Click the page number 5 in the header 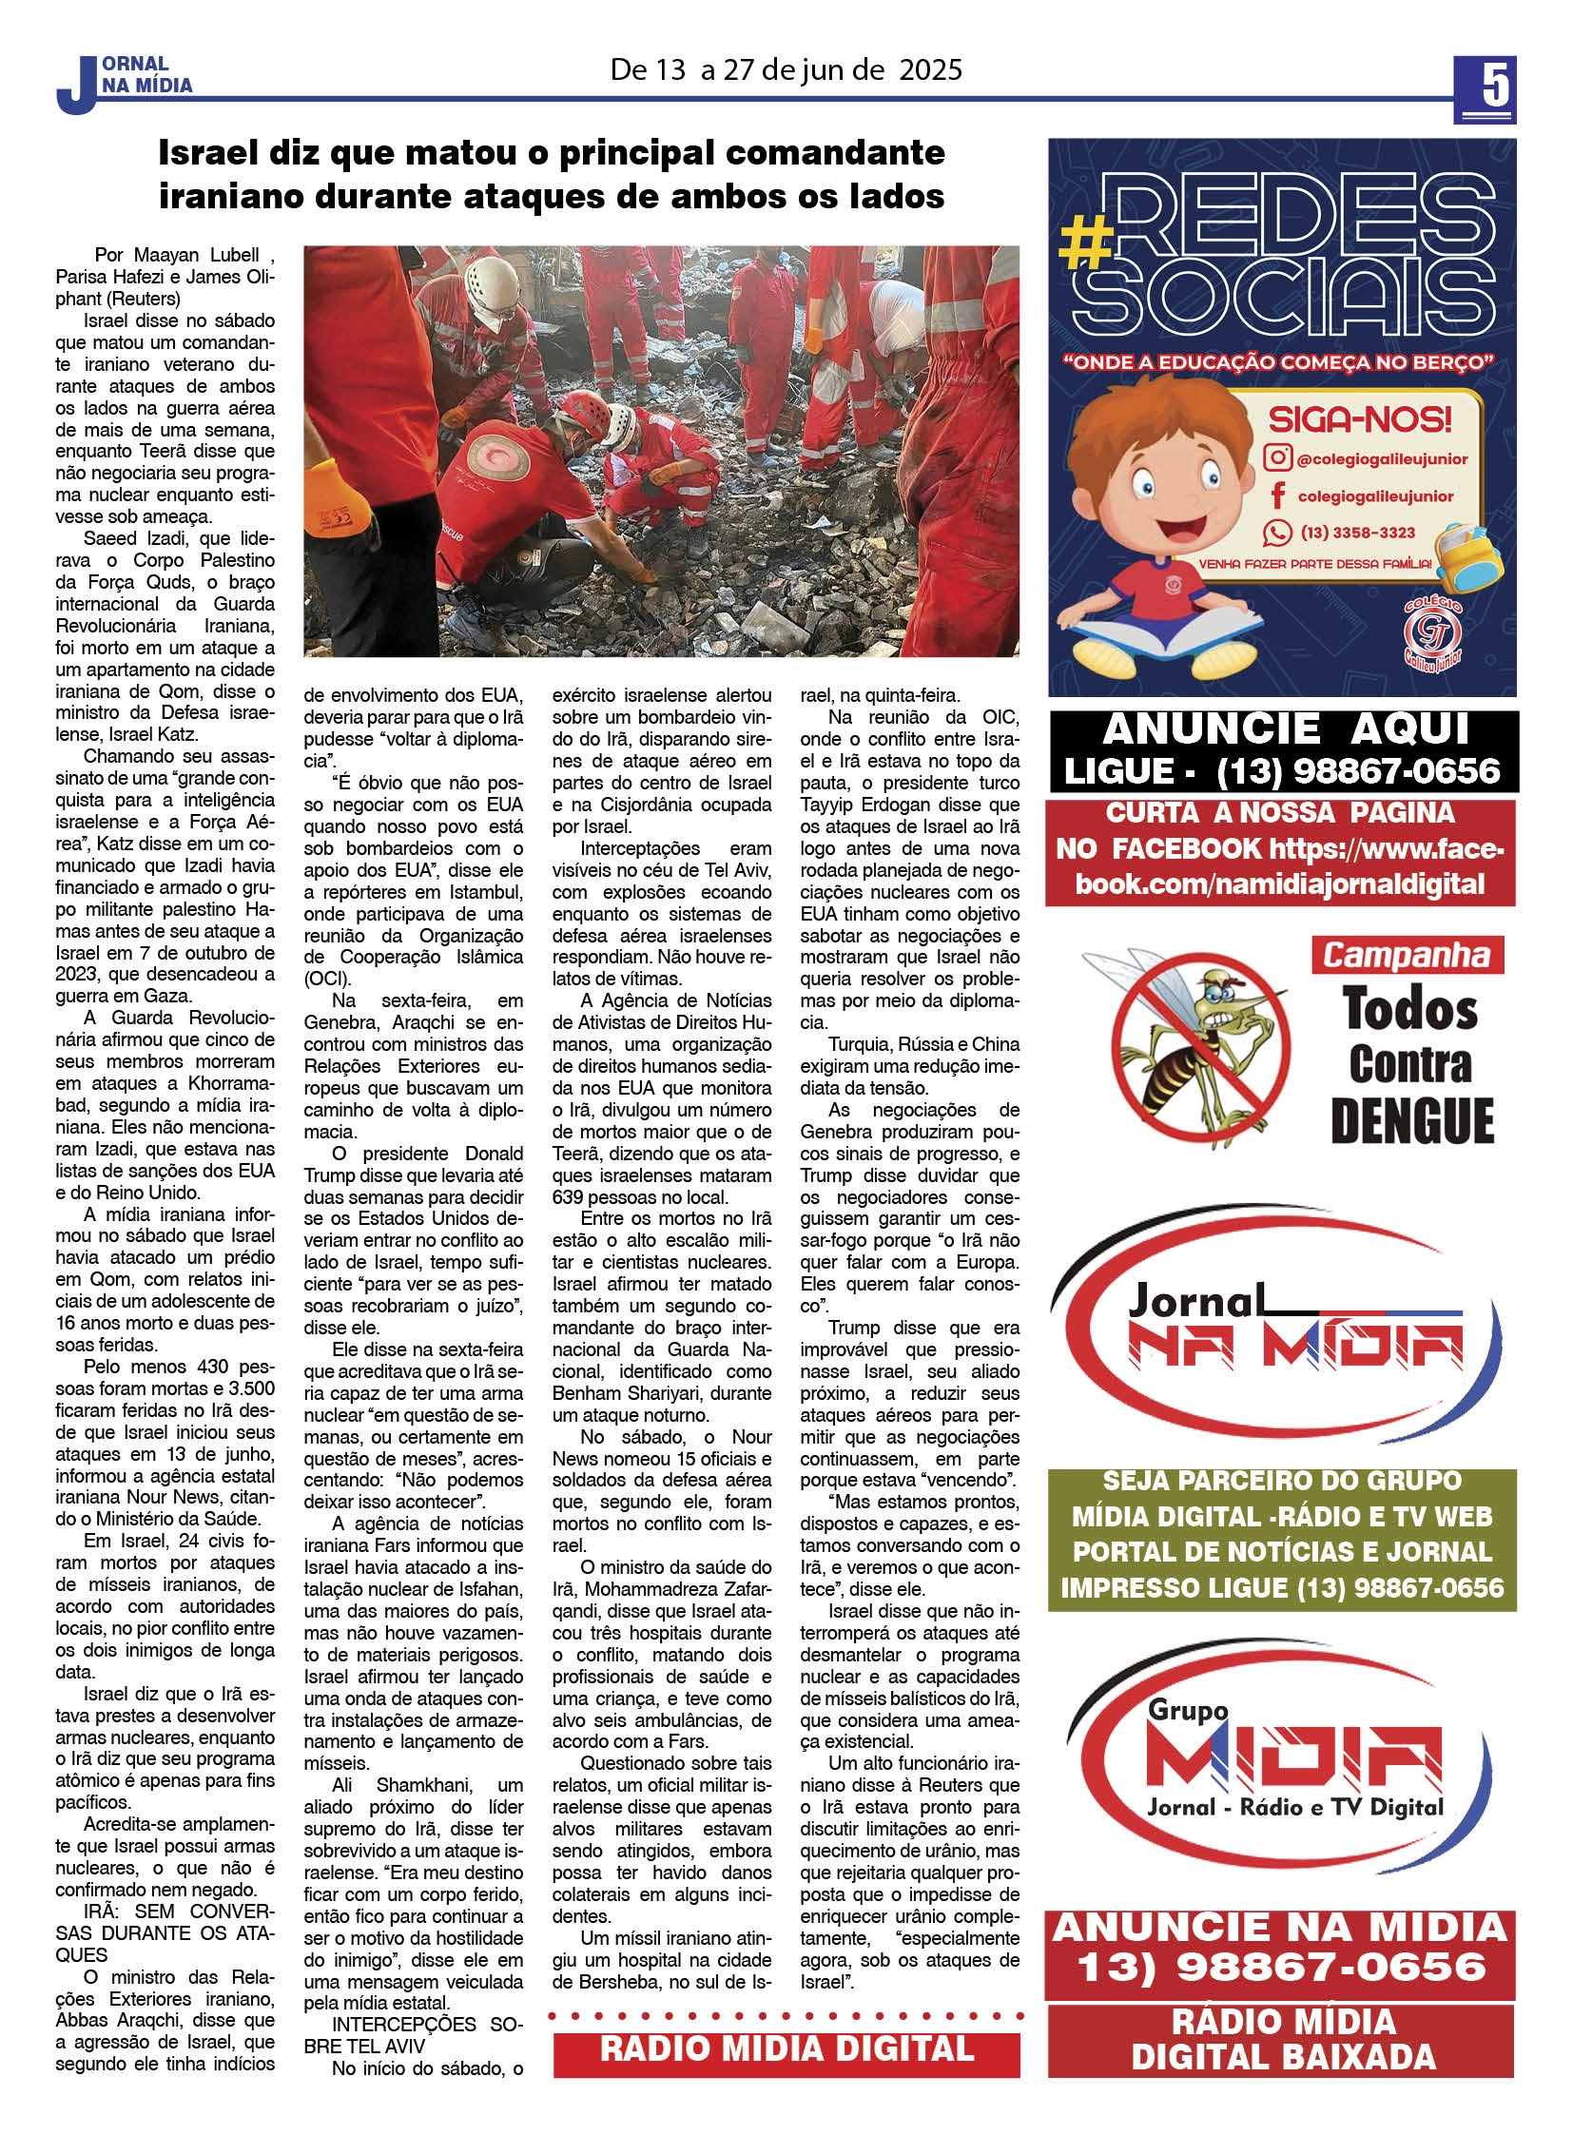click(x=1485, y=87)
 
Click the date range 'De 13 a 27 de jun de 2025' click(x=786, y=70)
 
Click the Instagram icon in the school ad click(x=1277, y=458)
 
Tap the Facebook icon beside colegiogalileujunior click(x=1277, y=495)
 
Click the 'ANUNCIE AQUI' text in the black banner click(x=1286, y=730)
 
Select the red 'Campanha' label click(x=1406, y=954)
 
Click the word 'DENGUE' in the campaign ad click(x=1411, y=1121)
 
